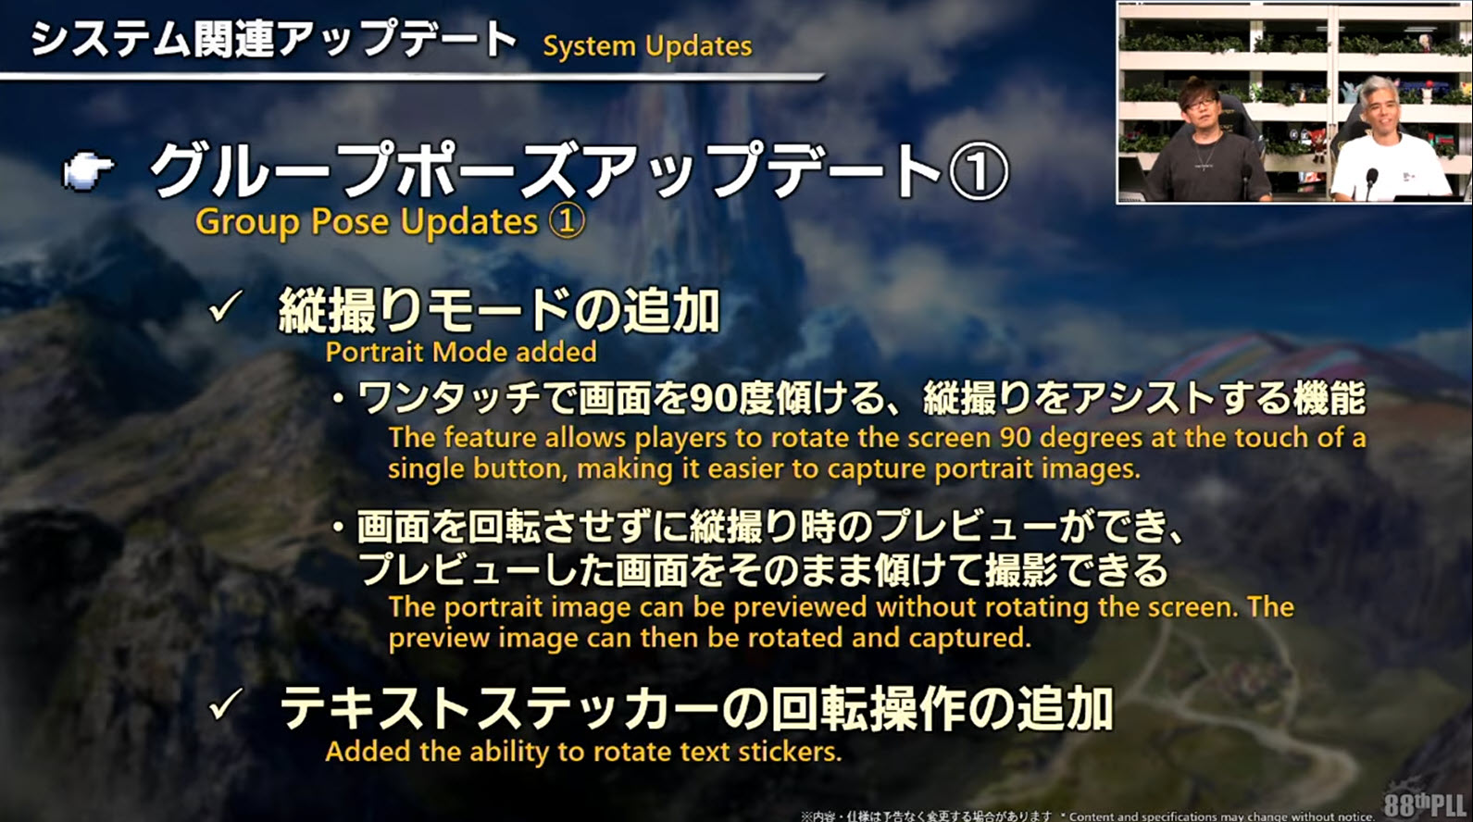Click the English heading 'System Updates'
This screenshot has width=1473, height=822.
tap(648, 46)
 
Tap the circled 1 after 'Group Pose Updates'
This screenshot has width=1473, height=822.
tap(567, 221)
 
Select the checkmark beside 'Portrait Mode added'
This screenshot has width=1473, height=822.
tap(226, 306)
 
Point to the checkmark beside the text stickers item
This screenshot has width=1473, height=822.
tap(226, 705)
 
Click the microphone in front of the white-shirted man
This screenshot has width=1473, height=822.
tap(1371, 180)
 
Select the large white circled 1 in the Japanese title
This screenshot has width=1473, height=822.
tap(979, 171)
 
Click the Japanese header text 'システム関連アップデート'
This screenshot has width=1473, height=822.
tap(273, 40)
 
